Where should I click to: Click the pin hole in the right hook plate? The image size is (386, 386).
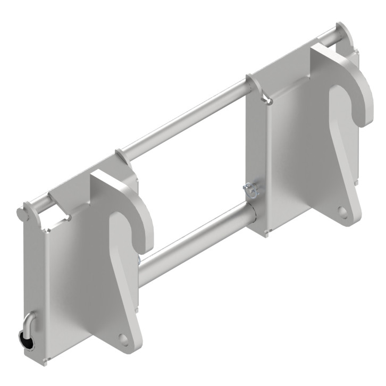pos(344,212)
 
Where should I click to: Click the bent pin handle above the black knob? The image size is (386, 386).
pos(30,321)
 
